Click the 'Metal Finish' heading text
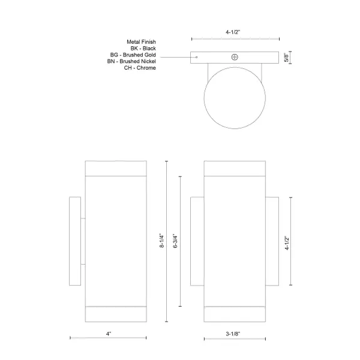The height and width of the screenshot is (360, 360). pos(139,41)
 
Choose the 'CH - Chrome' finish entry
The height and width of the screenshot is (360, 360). pos(140,68)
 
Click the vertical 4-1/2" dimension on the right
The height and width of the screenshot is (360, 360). pos(287,242)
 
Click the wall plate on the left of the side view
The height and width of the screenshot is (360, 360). pos(76,241)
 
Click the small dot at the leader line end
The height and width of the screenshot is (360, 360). pos(196,58)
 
